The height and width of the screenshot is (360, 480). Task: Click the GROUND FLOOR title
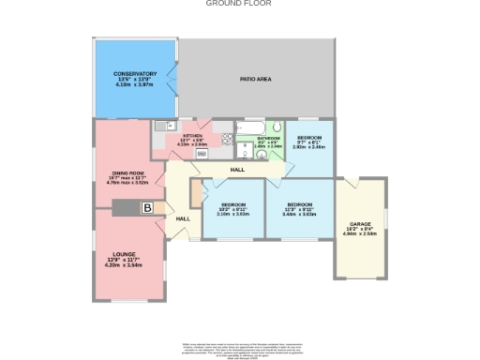pyautogui.click(x=240, y=4)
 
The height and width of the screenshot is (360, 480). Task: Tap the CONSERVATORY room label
pyautogui.click(x=135, y=73)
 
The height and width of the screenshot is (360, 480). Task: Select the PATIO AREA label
pyautogui.click(x=255, y=80)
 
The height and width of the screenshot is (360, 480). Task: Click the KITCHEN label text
pyautogui.click(x=192, y=135)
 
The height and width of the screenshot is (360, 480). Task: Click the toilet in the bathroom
pyautogui.click(x=277, y=128)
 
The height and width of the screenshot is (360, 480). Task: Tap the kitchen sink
pyautogui.click(x=160, y=126)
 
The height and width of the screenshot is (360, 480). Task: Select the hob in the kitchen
pyautogui.click(x=226, y=141)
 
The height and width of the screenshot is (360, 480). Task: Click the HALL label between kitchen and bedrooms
pyautogui.click(x=238, y=170)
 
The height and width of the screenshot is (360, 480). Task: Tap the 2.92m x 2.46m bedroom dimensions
pyautogui.click(x=308, y=147)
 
